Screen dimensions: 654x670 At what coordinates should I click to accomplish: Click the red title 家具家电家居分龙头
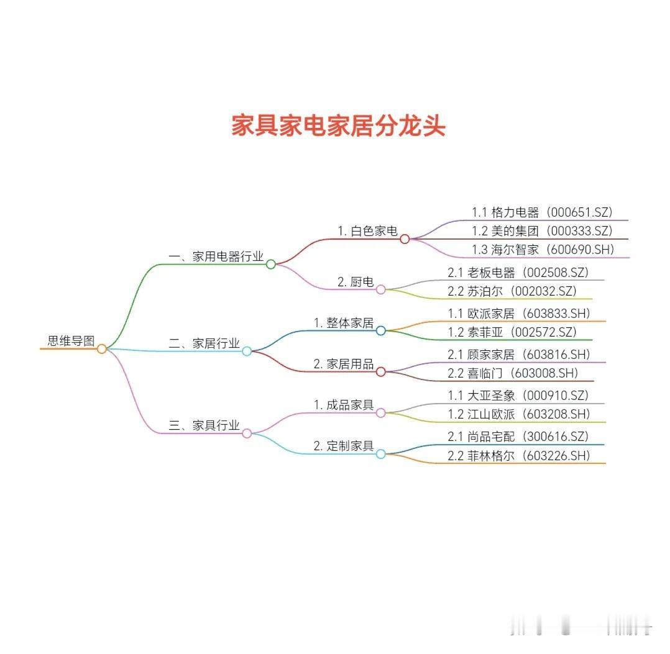click(338, 125)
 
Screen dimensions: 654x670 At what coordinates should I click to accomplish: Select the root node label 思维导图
click(71, 340)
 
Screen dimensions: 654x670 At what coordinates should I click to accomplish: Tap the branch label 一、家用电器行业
click(216, 257)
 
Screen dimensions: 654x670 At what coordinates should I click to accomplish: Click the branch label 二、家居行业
click(204, 343)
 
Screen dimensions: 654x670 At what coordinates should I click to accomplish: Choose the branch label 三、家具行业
click(204, 425)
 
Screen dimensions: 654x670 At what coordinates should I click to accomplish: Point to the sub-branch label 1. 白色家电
click(367, 231)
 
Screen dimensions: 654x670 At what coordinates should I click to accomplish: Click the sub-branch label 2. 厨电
click(356, 282)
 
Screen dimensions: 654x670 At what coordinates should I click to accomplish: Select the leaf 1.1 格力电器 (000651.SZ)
click(542, 212)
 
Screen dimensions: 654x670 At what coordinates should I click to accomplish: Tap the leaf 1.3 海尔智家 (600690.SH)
click(542, 250)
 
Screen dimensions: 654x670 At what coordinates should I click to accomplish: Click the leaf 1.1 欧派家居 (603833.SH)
click(519, 313)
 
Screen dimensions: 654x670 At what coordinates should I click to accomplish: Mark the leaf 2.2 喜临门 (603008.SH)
click(513, 373)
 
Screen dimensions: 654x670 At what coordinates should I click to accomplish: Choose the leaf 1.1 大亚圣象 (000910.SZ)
click(518, 396)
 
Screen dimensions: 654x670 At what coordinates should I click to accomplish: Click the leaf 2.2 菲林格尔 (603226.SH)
click(519, 455)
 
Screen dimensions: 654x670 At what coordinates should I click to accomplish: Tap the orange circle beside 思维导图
click(102, 349)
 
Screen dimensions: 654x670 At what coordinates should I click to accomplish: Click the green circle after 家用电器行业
click(271, 264)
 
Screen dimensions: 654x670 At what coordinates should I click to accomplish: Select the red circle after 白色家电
click(405, 239)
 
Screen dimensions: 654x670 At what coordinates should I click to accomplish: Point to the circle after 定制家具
click(381, 454)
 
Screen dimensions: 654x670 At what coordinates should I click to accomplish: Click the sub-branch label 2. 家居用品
click(344, 364)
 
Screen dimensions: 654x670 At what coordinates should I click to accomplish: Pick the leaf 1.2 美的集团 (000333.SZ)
click(542, 231)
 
